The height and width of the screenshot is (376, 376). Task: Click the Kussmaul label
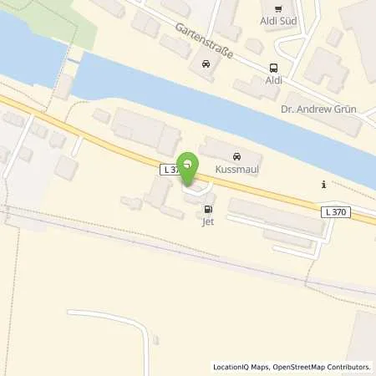(x=236, y=170)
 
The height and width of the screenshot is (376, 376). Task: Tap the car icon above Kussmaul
(x=236, y=156)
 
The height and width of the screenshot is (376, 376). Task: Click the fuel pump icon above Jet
(x=207, y=209)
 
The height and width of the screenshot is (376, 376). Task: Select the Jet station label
(x=207, y=222)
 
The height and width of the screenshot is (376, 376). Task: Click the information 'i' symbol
(x=323, y=185)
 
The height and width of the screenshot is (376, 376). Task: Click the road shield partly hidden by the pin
(x=170, y=169)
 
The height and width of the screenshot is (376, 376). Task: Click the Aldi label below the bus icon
(x=273, y=81)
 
